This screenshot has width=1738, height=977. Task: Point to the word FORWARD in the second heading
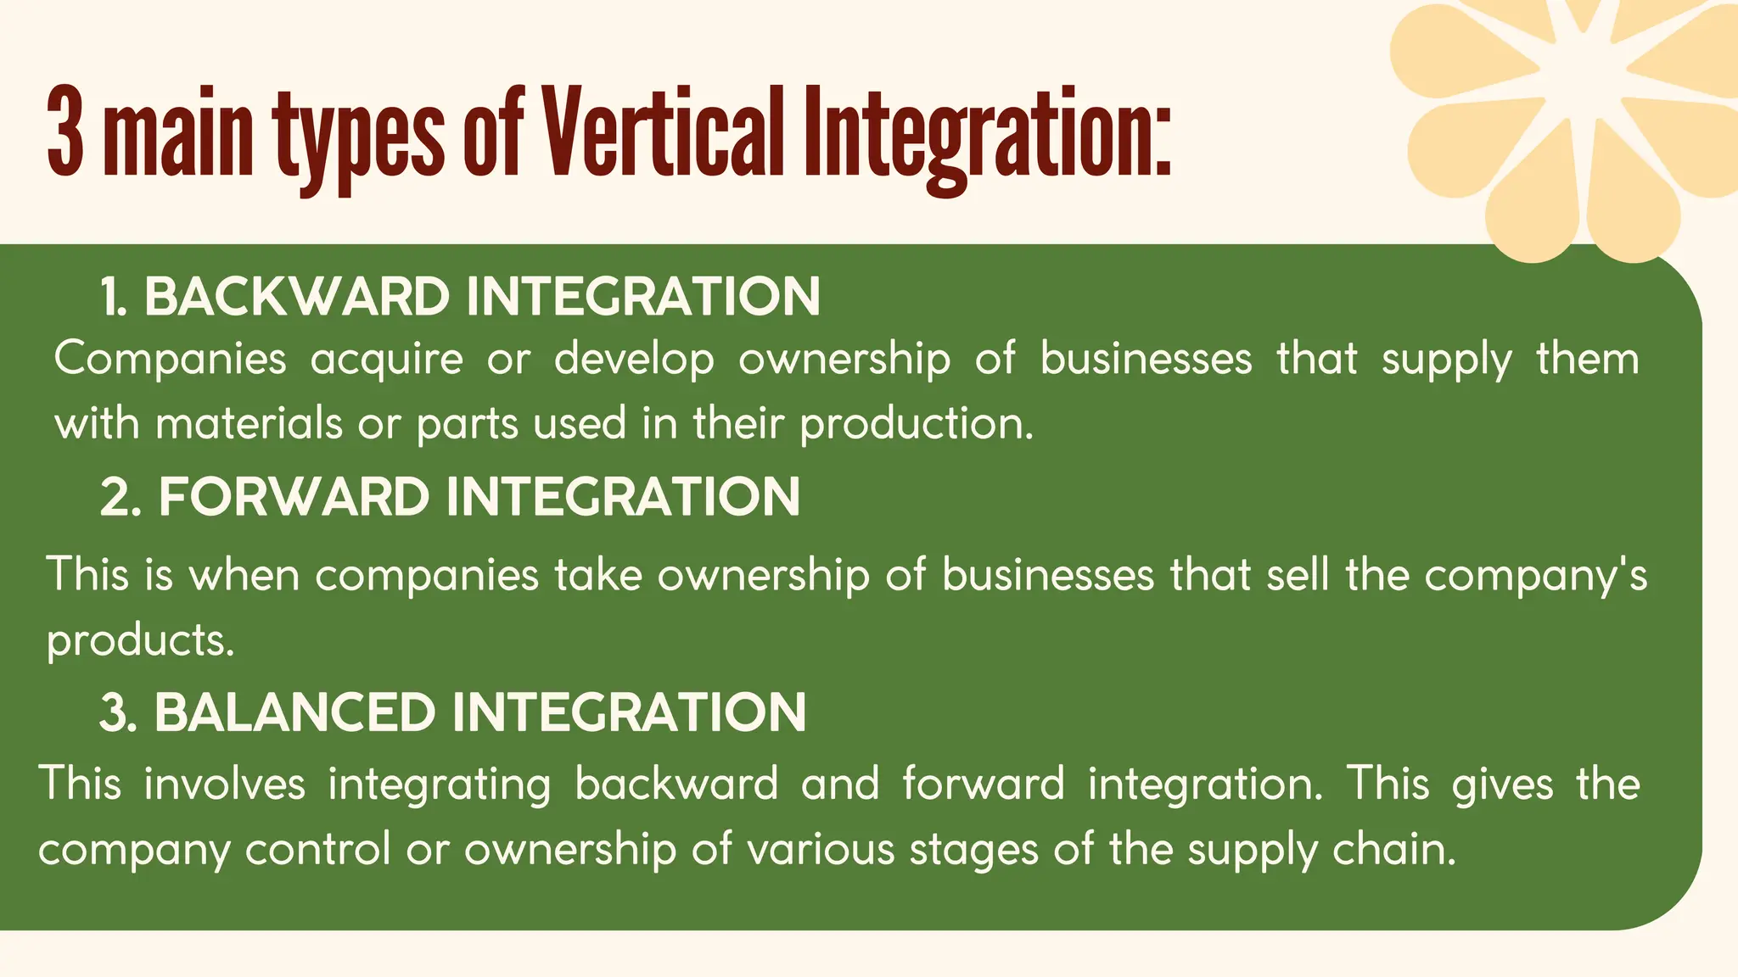pos(294,497)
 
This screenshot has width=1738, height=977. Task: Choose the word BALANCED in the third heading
pos(294,712)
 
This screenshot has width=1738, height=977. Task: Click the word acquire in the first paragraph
pos(387,360)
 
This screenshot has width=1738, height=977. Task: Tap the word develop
pos(634,360)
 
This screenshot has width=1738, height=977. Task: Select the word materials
pos(249,423)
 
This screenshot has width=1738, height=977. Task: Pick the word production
pos(917,424)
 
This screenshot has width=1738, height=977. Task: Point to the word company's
pos(1535,577)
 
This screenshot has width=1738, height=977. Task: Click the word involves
pos(224,784)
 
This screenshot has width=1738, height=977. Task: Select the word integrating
pos(440,785)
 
